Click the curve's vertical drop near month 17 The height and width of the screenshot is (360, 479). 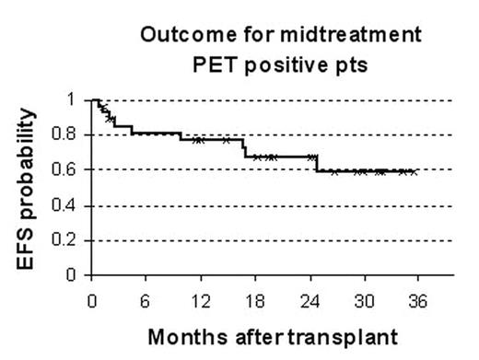(244, 148)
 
